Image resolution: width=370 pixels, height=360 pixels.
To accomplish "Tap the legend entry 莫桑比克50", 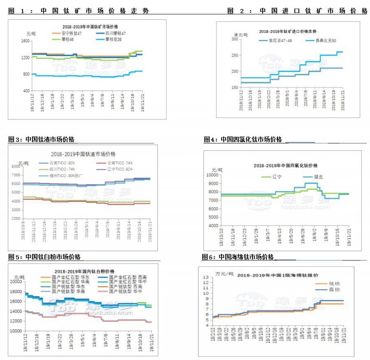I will tap(323, 41).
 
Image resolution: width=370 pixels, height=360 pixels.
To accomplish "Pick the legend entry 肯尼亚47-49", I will tap(277, 41).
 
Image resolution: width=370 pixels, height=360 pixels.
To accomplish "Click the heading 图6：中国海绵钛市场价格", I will tap(238, 257).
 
